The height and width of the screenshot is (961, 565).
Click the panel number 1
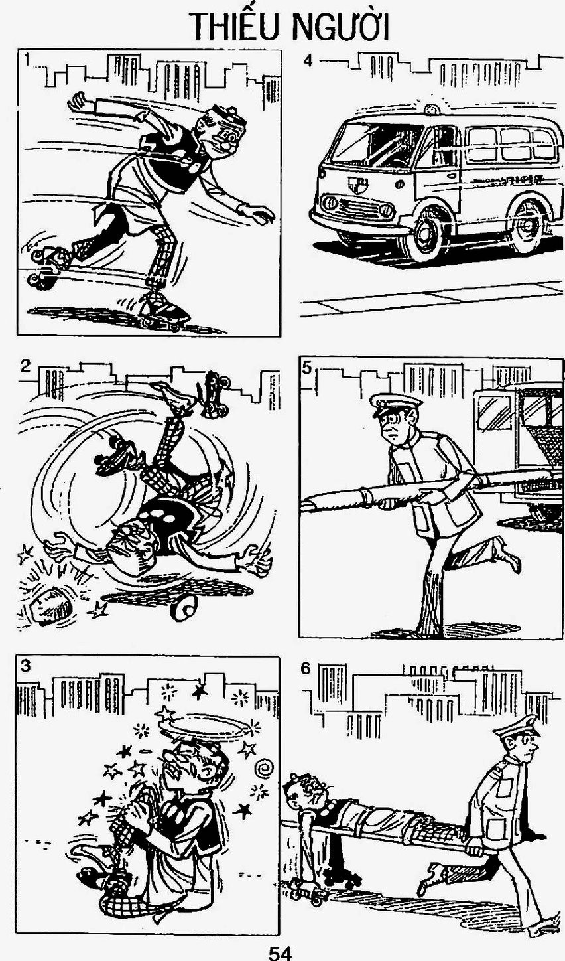(x=27, y=60)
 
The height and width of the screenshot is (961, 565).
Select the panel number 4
(x=308, y=61)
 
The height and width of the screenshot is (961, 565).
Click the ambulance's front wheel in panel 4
(x=424, y=238)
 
